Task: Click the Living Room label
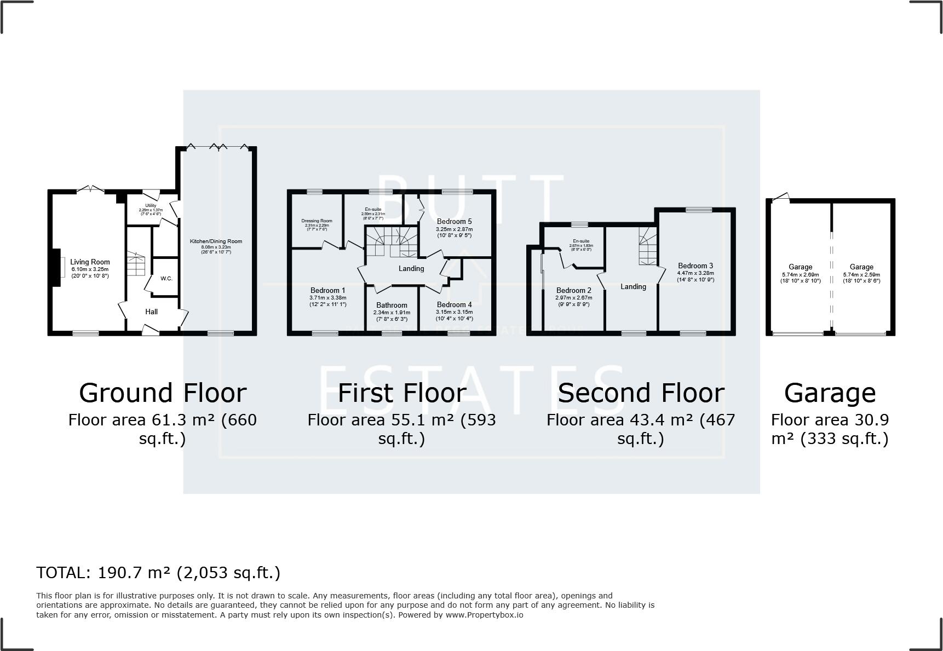pyautogui.click(x=90, y=262)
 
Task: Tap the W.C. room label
pyautogui.click(x=166, y=279)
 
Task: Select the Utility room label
pyautogui.click(x=151, y=206)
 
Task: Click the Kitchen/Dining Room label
pyautogui.click(x=216, y=241)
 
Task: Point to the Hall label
pyautogui.click(x=152, y=312)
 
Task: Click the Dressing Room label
pyautogui.click(x=317, y=221)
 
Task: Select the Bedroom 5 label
pyautogui.click(x=454, y=222)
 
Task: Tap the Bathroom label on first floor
pyautogui.click(x=392, y=306)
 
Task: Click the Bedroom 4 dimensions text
pyautogui.click(x=454, y=315)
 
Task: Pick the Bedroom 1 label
pyautogui.click(x=327, y=291)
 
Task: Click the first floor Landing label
pyautogui.click(x=411, y=268)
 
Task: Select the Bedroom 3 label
pyautogui.click(x=695, y=266)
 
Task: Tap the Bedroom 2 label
pyautogui.click(x=574, y=291)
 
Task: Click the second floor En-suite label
pyautogui.click(x=581, y=241)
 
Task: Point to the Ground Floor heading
pyautogui.click(x=163, y=393)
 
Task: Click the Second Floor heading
pyautogui.click(x=641, y=393)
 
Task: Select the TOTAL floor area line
pyautogui.click(x=158, y=573)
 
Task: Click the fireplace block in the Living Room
pyautogui.click(x=55, y=268)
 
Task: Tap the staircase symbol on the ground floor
pyautogui.click(x=136, y=264)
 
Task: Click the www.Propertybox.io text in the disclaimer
pyautogui.click(x=484, y=615)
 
